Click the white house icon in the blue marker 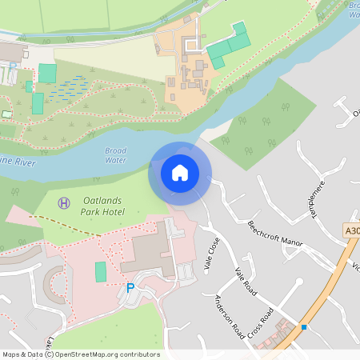click(x=180, y=172)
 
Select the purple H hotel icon click(x=64, y=203)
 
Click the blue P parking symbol click(x=130, y=288)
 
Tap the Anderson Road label click(x=229, y=316)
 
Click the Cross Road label click(x=261, y=322)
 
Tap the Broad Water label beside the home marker click(x=116, y=155)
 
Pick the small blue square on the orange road click(x=304, y=327)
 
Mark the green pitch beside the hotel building click(x=100, y=271)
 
